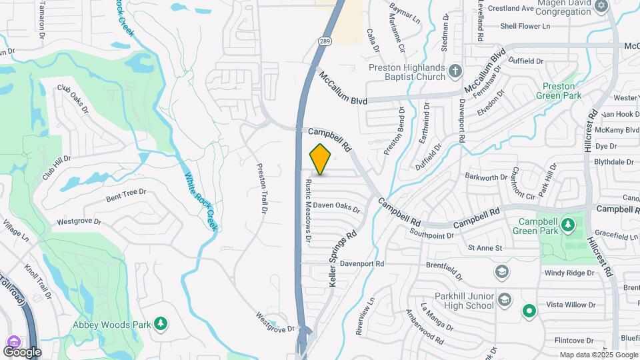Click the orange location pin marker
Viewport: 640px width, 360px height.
click(x=321, y=159)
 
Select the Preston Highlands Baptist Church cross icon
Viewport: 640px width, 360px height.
click(x=455, y=71)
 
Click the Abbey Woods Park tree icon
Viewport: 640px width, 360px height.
click(x=160, y=324)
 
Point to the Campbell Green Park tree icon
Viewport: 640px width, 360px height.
click(x=568, y=224)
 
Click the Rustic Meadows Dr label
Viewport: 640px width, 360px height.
click(x=309, y=209)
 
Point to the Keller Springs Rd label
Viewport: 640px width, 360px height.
click(x=343, y=259)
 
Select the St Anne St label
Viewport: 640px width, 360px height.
click(x=485, y=248)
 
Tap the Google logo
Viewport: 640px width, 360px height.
click(x=22, y=351)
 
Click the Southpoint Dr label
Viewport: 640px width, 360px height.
click(x=432, y=235)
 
